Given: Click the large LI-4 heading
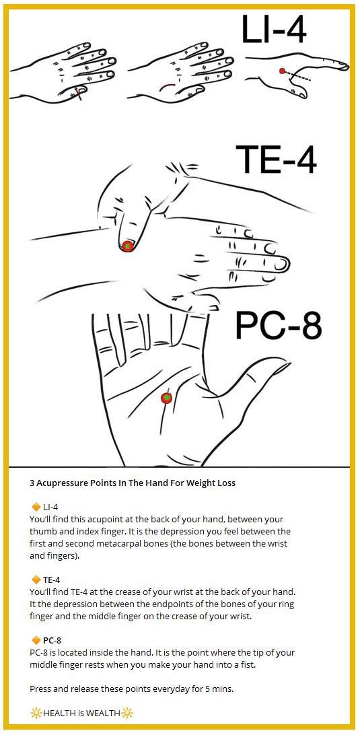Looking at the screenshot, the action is (x=274, y=29).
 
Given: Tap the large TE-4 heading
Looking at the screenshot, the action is (x=276, y=160).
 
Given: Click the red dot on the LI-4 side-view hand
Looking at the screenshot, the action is (x=282, y=71).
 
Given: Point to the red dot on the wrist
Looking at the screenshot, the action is (x=127, y=246).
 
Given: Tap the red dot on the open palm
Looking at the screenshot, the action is (x=166, y=398).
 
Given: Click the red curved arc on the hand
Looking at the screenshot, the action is (x=168, y=86).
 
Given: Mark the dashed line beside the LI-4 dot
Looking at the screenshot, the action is (x=298, y=76).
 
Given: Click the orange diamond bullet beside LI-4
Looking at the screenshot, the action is (x=35, y=507).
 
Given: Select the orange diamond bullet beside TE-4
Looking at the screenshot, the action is (x=35, y=580).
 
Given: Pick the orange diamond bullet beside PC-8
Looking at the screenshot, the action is (x=35, y=640).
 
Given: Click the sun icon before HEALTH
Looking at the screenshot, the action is (x=36, y=713).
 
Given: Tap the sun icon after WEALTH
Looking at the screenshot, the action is (x=127, y=713).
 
